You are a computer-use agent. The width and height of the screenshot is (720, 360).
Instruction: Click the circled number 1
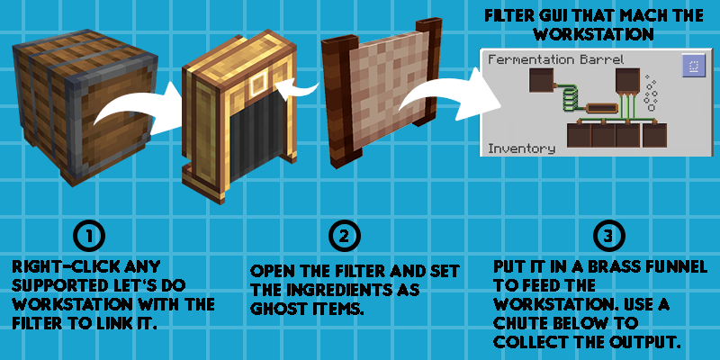(x=89, y=236)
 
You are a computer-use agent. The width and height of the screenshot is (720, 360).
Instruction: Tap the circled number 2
(x=345, y=236)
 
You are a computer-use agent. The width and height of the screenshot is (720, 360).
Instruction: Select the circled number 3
(x=608, y=236)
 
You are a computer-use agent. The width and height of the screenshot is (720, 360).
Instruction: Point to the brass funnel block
(x=238, y=117)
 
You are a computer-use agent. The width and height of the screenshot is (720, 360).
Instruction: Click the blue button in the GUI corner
(x=693, y=65)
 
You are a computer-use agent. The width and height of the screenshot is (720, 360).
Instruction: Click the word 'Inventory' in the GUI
(x=521, y=148)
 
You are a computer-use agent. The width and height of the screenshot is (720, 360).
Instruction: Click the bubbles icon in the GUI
(x=650, y=93)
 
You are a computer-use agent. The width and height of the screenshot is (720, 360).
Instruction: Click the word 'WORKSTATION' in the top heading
(x=593, y=33)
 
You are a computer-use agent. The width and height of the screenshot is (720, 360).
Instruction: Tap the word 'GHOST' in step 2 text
(x=275, y=309)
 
